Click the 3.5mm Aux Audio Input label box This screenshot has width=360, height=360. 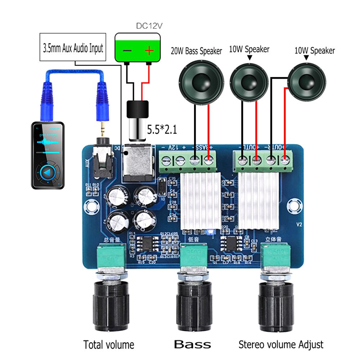[x=73, y=48]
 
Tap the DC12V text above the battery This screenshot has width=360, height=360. [x=149, y=26]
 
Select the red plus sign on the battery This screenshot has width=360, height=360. [x=149, y=51]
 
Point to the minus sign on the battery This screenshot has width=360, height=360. [x=127, y=51]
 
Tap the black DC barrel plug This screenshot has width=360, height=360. [x=138, y=109]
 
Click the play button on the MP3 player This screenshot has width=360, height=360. [x=47, y=173]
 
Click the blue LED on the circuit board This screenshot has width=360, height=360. [x=211, y=232]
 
